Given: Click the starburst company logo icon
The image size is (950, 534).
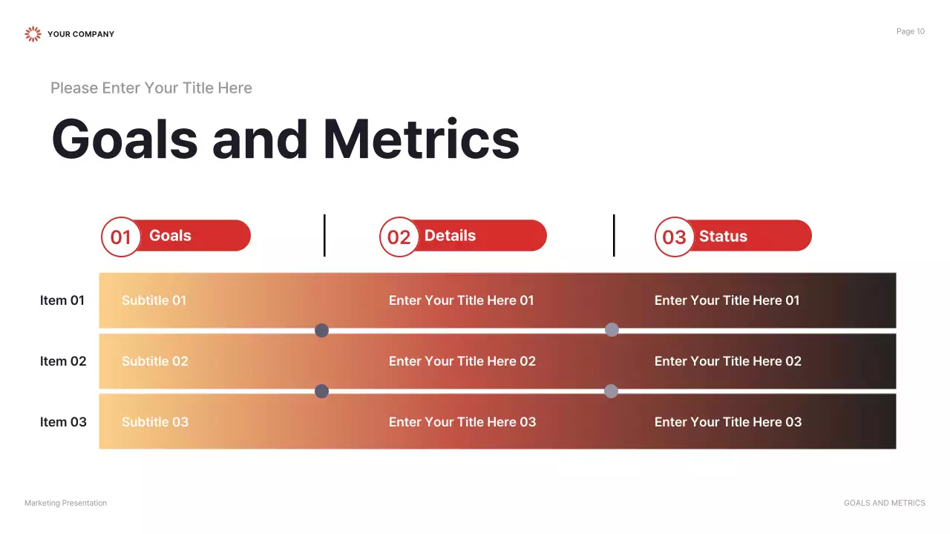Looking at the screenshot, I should (x=33, y=33).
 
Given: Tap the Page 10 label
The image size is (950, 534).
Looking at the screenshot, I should (x=910, y=31).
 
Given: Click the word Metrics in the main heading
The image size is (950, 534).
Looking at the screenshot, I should (x=421, y=139).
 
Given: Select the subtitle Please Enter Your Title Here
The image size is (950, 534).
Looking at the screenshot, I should (x=151, y=88).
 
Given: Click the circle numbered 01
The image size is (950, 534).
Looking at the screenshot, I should (x=121, y=237).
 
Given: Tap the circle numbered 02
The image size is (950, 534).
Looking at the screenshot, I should (x=399, y=237).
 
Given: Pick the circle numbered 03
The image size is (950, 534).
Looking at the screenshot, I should (x=674, y=237).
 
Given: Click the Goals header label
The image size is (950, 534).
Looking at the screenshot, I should (x=170, y=236).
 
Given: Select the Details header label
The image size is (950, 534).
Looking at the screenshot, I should (x=450, y=236).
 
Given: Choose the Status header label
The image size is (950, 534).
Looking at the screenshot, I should (x=723, y=237).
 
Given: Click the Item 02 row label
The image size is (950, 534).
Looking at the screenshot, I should (x=63, y=361).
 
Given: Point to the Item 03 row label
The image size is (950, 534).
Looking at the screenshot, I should (x=63, y=422).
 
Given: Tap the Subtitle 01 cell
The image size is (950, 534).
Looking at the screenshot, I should (x=154, y=300).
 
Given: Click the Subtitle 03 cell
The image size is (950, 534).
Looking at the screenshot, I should (x=155, y=422).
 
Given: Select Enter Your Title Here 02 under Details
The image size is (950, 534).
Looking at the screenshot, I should (x=462, y=361).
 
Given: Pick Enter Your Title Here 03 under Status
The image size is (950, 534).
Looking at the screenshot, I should (x=727, y=422).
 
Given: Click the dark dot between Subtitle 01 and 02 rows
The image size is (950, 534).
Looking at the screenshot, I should (x=321, y=330).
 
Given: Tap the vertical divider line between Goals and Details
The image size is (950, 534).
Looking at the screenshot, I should (x=324, y=235).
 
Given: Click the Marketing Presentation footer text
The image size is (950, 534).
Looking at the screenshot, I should (x=65, y=503).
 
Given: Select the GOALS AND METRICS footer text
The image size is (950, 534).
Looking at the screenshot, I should (x=884, y=503).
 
